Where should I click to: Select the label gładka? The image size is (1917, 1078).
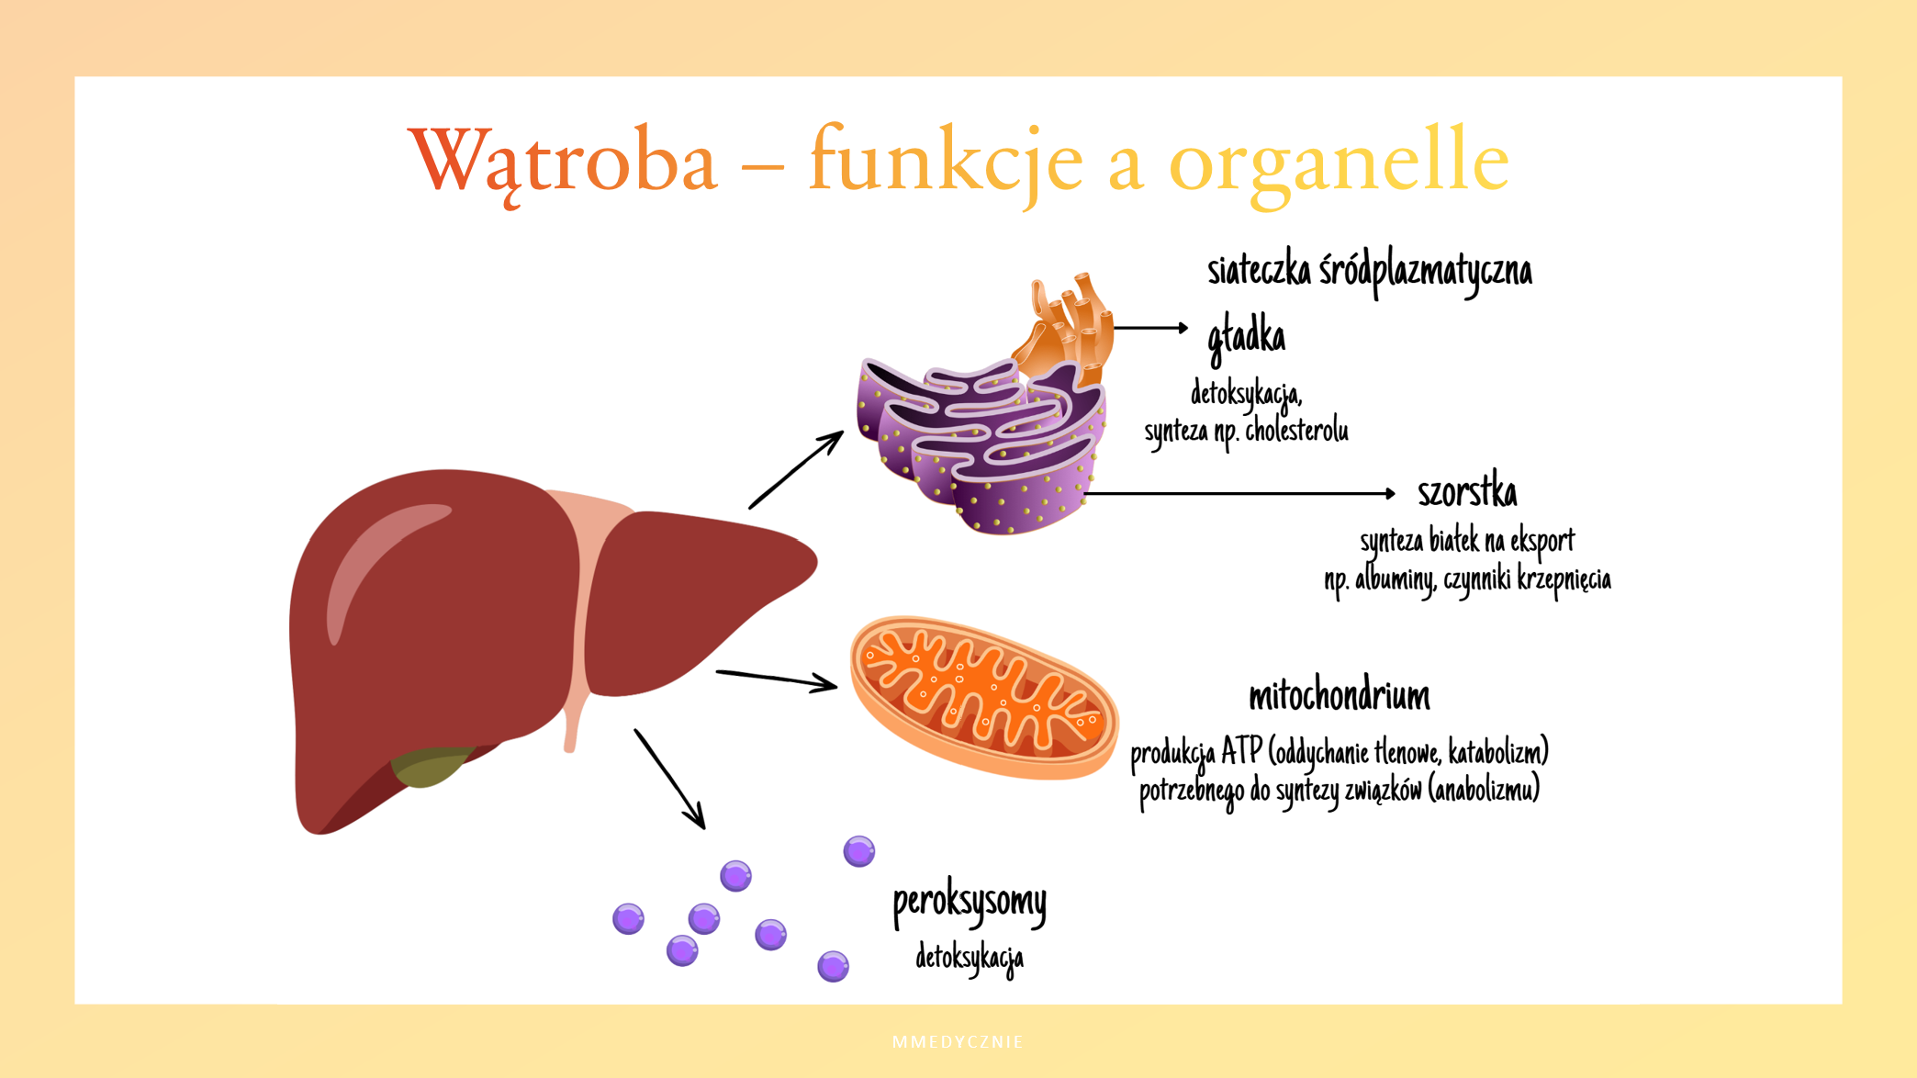(x=1246, y=337)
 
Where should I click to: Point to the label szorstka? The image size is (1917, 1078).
(x=1467, y=493)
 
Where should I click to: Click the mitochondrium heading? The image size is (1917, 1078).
(x=1339, y=696)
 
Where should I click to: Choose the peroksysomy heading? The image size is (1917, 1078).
(x=970, y=902)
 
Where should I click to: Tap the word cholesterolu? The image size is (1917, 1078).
(x=1296, y=431)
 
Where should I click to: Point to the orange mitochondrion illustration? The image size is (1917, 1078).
(x=982, y=698)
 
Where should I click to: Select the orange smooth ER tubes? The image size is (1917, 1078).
(x=1070, y=326)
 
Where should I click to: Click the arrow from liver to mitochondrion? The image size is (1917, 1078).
(x=776, y=679)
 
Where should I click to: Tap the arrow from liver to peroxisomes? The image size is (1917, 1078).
(x=669, y=779)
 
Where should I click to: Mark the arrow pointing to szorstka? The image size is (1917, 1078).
(x=1239, y=494)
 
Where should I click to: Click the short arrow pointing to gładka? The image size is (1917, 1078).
(x=1150, y=328)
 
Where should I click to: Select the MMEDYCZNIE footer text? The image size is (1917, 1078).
(x=958, y=1042)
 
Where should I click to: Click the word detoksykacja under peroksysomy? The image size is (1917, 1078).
(x=970, y=958)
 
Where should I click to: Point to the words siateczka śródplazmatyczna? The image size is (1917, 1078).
(x=1369, y=272)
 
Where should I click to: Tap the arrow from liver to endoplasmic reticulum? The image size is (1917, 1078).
(x=795, y=470)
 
